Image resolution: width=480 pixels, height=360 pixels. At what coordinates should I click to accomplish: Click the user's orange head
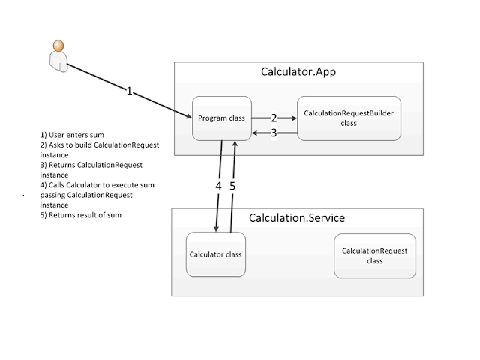tap(58, 46)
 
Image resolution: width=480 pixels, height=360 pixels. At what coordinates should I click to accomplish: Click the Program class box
tap(222, 118)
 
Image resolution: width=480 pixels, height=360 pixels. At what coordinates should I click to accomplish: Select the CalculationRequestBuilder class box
tap(349, 118)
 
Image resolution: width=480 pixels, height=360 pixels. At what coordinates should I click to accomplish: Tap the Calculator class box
tap(216, 254)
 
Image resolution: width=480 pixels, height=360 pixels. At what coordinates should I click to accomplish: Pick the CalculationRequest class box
tap(375, 256)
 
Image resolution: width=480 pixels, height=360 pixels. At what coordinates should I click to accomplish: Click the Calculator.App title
tap(298, 72)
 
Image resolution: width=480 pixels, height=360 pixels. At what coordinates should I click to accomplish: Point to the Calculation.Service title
tap(297, 218)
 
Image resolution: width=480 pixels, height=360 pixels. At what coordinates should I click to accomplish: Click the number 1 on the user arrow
tap(129, 91)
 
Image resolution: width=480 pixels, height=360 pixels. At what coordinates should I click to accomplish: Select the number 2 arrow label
tap(274, 118)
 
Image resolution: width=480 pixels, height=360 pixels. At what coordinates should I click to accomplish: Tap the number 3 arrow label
tap(274, 133)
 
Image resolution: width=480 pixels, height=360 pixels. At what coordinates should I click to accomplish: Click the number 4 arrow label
tap(218, 186)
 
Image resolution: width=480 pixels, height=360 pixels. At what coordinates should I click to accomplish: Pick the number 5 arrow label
tap(232, 186)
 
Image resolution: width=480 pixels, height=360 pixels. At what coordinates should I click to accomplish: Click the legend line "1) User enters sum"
tap(72, 135)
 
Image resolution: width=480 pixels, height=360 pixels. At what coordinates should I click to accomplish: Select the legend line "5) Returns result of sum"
tap(81, 215)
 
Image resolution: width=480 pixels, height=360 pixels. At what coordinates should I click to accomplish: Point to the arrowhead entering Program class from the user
tap(188, 116)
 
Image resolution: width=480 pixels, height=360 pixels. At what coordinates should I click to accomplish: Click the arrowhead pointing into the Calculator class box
tap(217, 229)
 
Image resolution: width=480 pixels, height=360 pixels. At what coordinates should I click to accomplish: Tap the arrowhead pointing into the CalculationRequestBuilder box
tap(294, 118)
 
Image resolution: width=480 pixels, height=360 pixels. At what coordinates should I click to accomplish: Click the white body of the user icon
tap(58, 61)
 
